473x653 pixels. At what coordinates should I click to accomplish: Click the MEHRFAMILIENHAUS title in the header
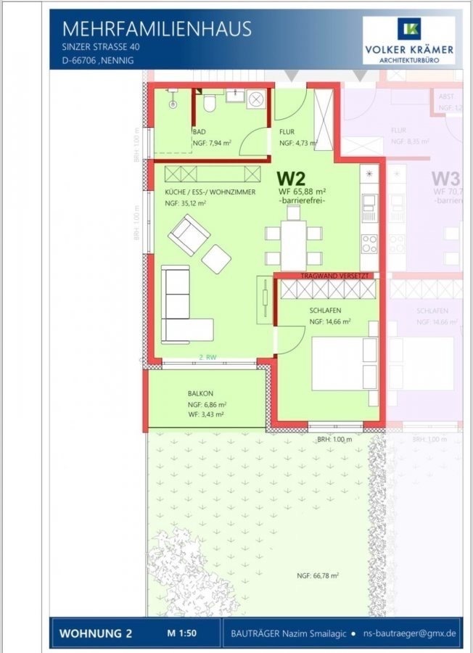pos(157,28)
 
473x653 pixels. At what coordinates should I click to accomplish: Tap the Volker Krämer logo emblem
pos(408,28)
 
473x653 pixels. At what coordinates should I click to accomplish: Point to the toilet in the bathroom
pos(209,106)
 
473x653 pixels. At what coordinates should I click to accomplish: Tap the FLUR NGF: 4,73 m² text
pos(297,144)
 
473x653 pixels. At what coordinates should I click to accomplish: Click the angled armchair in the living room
pos(189,234)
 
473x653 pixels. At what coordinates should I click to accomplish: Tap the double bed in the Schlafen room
pos(344,363)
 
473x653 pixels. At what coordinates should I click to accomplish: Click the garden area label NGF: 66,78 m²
pos(318,575)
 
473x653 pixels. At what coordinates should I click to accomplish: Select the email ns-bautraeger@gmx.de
pos(410,633)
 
